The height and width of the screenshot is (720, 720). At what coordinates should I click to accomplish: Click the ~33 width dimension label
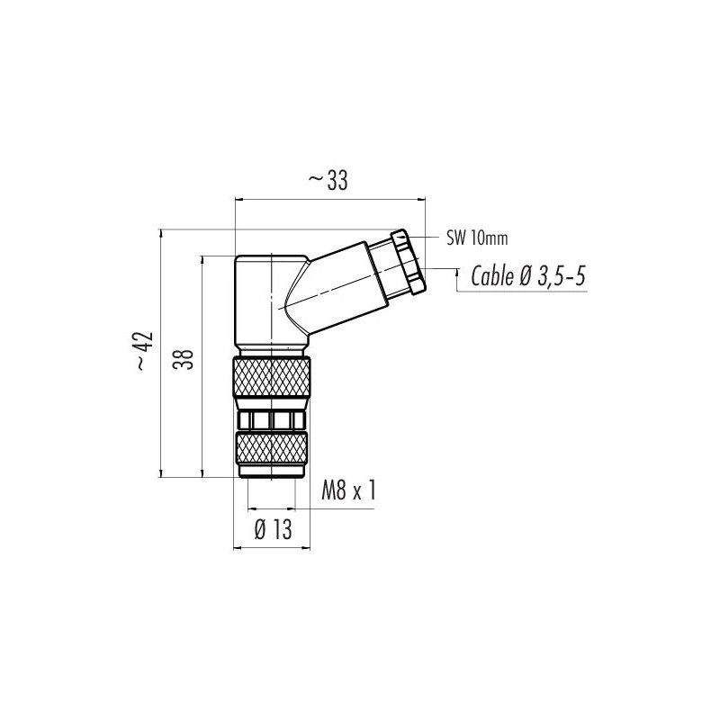coord(328,181)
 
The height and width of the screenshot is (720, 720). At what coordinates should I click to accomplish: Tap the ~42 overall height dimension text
coord(144,350)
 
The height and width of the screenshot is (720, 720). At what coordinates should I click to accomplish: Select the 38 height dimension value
coord(184,359)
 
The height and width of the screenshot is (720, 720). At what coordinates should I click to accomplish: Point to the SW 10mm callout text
coord(477,238)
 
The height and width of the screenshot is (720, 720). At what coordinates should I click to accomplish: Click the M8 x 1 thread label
coord(349,490)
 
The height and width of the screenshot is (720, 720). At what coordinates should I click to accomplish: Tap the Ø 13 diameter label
coord(274,530)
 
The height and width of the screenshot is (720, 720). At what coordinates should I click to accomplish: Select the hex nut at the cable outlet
coord(408,261)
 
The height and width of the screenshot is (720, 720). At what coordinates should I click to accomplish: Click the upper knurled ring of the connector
coord(272,377)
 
